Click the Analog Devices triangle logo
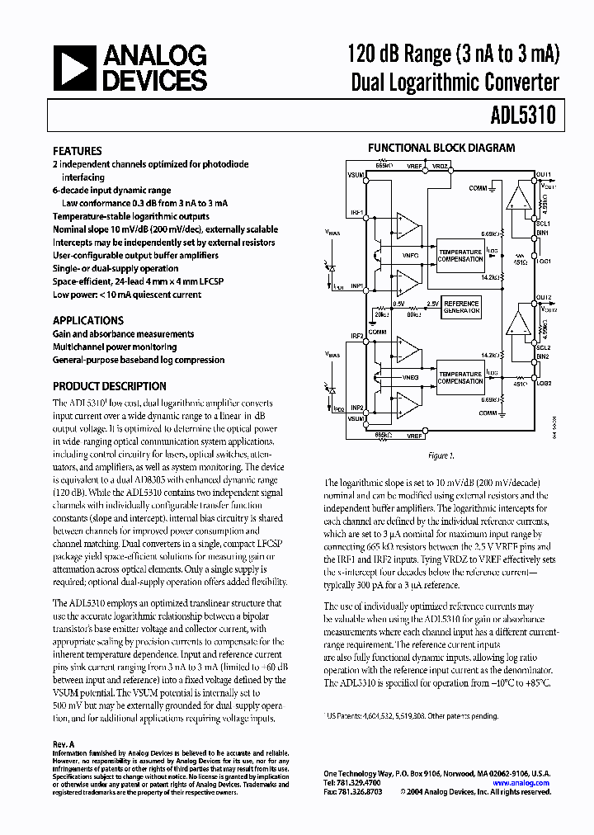[x=73, y=68]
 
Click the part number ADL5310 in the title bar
[x=526, y=117]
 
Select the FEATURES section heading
[x=78, y=152]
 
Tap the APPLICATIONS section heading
[x=88, y=321]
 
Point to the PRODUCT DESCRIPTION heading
[x=110, y=386]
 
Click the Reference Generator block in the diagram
[x=462, y=307]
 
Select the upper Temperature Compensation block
[x=460, y=255]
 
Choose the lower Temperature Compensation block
[x=460, y=377]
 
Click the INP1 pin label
[x=357, y=286]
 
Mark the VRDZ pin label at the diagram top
[x=440, y=167]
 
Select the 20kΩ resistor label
[x=380, y=314]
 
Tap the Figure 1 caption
[x=441, y=455]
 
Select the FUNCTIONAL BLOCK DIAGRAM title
[x=441, y=149]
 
